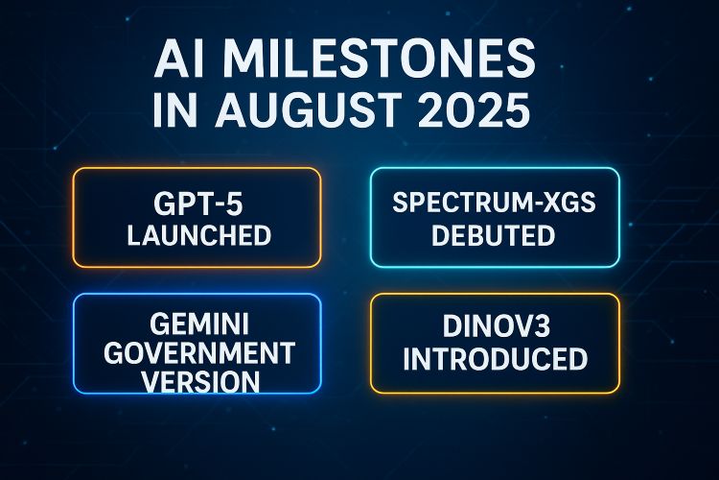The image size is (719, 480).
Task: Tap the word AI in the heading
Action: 179,60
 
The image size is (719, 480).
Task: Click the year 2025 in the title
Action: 475,109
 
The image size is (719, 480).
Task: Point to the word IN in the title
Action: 174,109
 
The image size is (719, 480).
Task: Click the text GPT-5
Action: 198,204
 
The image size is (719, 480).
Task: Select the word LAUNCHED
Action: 199,235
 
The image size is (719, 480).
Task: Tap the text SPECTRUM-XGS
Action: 495,203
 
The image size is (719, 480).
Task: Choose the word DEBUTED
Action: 494,234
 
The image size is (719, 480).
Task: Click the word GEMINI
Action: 199,324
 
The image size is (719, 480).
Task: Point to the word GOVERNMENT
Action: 199,352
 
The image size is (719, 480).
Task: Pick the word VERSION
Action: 200,381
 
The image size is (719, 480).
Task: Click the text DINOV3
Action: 497,326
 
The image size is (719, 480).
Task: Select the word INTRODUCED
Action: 496,358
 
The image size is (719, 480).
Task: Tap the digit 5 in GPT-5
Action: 234,204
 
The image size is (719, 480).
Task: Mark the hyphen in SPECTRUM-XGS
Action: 533,204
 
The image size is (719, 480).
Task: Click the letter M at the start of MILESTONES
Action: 250,60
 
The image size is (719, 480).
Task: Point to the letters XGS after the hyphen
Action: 568,203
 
